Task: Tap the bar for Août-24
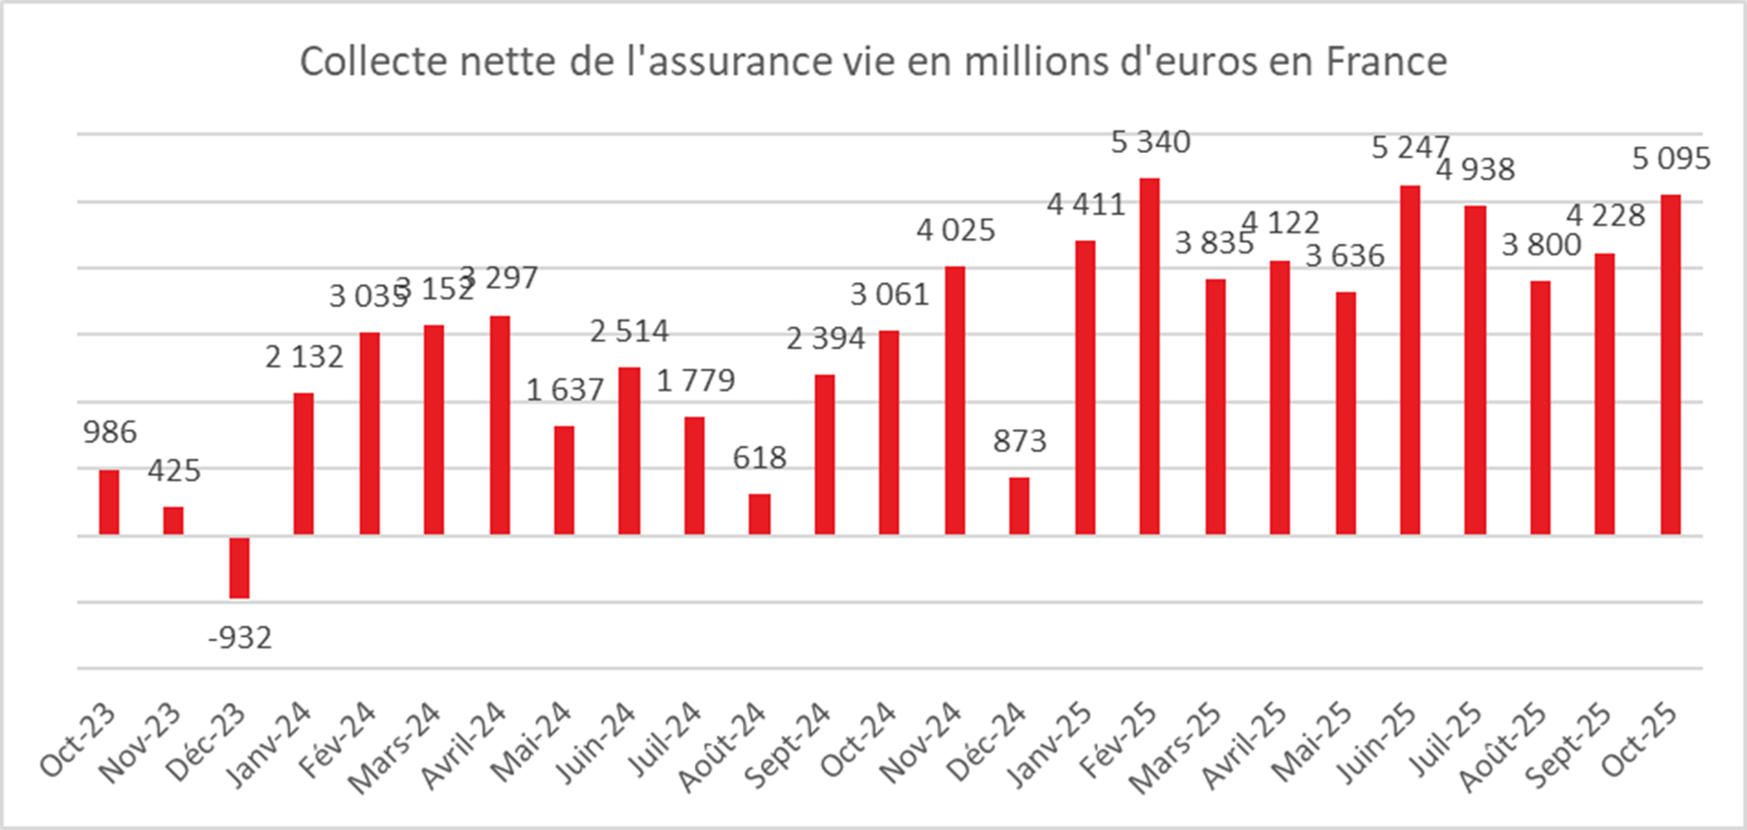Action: pos(760,513)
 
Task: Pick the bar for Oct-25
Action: pos(1671,364)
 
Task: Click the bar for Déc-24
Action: pos(1020,506)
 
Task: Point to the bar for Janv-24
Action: pos(304,464)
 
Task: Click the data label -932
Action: pos(240,637)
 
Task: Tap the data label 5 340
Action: pos(1151,142)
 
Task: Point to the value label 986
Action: pos(110,432)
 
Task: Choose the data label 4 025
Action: pos(956,230)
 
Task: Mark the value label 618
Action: pos(760,458)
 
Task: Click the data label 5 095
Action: pos(1672,159)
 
